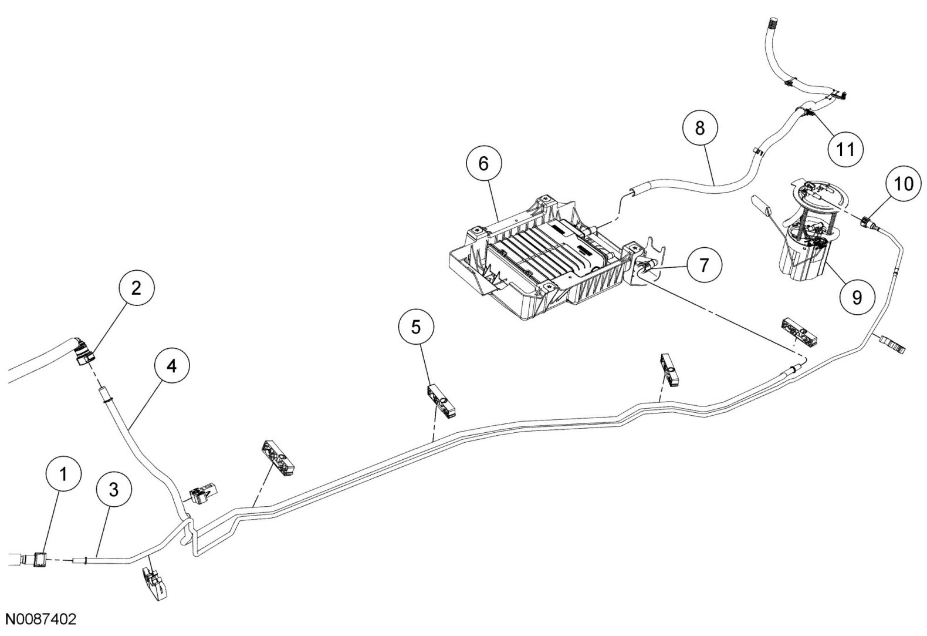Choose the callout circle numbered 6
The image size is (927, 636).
tap(483, 164)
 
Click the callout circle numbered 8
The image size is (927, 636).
tap(699, 129)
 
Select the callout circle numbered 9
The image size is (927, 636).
tap(857, 298)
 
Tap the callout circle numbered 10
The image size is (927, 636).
tap(904, 184)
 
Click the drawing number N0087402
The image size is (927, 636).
tap(40, 620)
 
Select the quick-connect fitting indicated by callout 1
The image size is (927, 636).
tap(40, 560)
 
